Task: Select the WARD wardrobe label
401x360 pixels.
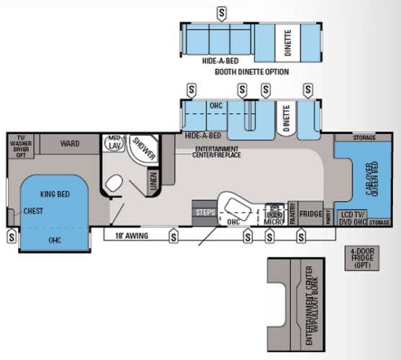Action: pos(70,143)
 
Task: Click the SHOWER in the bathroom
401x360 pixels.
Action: pos(143,148)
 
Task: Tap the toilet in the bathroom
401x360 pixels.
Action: pos(113,185)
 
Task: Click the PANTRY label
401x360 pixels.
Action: pos(293,215)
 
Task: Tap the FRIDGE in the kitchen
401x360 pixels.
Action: pos(310,214)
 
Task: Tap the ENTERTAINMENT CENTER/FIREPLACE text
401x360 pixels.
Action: pos(217,152)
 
